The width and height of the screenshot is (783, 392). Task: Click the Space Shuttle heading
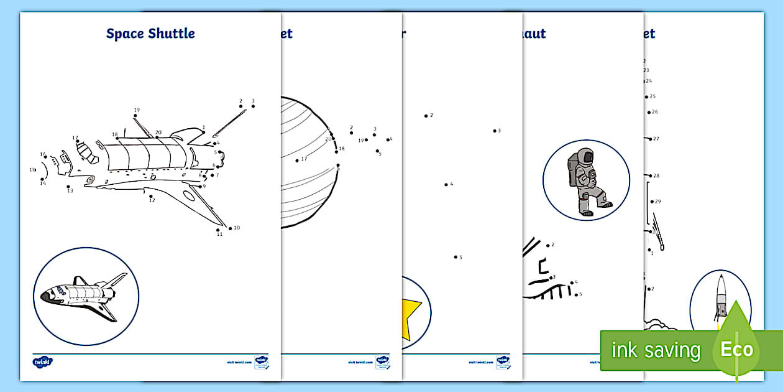(150, 34)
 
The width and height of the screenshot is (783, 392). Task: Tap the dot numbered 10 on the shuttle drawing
(230, 228)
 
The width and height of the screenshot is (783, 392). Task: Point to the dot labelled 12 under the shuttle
(150, 195)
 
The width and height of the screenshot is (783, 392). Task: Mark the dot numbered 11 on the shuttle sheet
(218, 230)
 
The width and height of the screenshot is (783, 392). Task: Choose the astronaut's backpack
(572, 172)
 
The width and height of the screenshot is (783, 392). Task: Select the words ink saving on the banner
(656, 350)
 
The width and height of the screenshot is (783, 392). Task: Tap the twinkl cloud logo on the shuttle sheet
(43, 361)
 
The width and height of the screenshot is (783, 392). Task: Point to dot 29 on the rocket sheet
(651, 202)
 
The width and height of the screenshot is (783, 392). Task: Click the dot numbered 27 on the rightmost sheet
(649, 139)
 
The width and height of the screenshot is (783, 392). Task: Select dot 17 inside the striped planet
(297, 161)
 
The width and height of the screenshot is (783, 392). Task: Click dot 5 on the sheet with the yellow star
(456, 256)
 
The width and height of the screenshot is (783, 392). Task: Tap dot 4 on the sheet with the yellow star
(446, 184)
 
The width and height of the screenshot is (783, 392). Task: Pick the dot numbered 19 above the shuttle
(135, 116)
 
